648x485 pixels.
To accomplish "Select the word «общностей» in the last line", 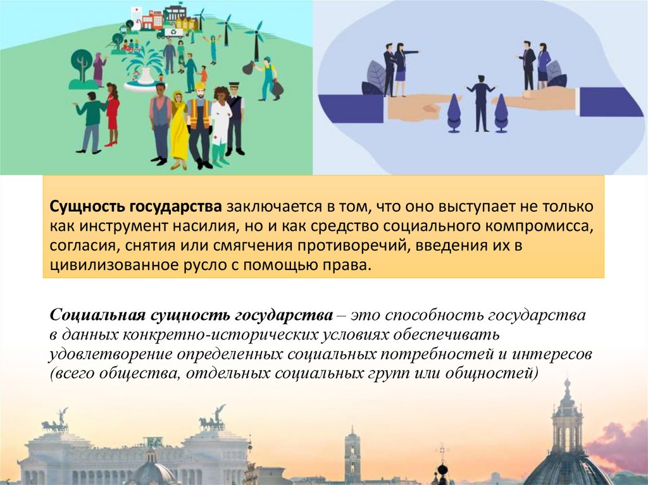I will [499, 373].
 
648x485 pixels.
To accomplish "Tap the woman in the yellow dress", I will [178, 130].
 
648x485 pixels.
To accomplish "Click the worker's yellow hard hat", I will [200, 86].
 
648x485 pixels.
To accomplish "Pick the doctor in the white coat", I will [220, 123].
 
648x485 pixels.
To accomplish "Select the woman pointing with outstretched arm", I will [401, 70].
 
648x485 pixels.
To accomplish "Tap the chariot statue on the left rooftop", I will [55, 422].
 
